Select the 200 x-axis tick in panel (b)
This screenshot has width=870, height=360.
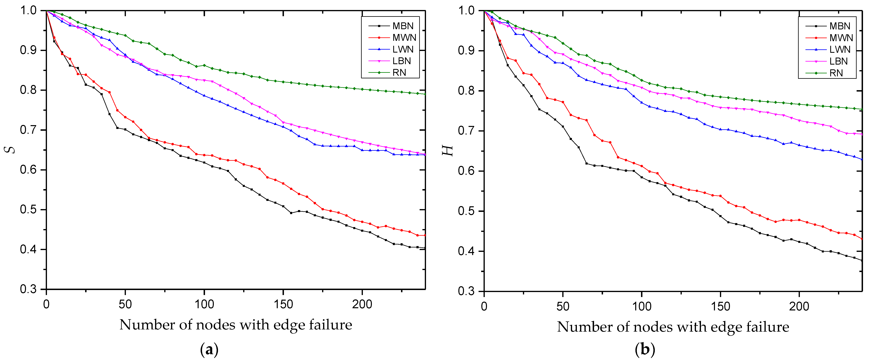coord(799,306)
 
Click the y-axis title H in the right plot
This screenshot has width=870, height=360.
coord(448,151)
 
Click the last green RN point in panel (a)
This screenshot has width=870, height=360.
coord(425,94)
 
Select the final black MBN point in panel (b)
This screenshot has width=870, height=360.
coord(862,260)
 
